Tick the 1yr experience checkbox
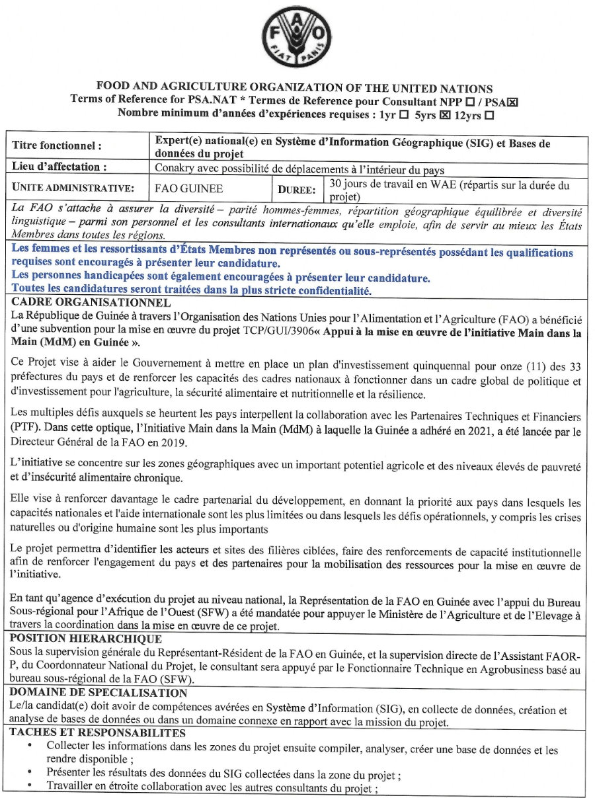403,114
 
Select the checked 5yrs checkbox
444,114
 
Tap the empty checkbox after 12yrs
489,114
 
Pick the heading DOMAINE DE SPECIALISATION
99,693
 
